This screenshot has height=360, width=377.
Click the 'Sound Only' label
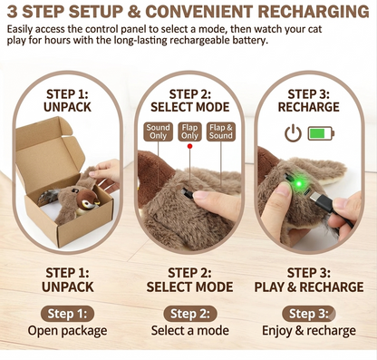coord(158,131)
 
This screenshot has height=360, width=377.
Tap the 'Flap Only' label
coord(189,131)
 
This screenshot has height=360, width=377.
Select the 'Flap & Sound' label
coord(221,131)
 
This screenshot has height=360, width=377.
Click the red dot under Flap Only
coord(189,147)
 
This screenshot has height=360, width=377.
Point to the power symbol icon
coord(293,134)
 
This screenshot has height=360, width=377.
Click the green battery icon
coord(321,133)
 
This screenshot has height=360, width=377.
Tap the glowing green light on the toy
coord(298,183)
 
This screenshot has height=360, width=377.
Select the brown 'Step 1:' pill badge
coord(67,314)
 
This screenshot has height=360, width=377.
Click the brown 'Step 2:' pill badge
coord(190,314)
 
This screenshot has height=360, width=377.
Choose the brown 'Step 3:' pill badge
coord(309,314)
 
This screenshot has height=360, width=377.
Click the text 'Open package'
coord(67,331)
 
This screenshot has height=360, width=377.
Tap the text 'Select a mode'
coord(190,330)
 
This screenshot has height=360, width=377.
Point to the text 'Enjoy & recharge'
coord(309,331)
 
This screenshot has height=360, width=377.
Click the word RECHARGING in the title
coord(314,12)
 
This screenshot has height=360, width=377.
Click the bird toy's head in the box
coord(88,199)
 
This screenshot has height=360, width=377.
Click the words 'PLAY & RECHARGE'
coord(309,287)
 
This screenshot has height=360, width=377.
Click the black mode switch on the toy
coord(188,193)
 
